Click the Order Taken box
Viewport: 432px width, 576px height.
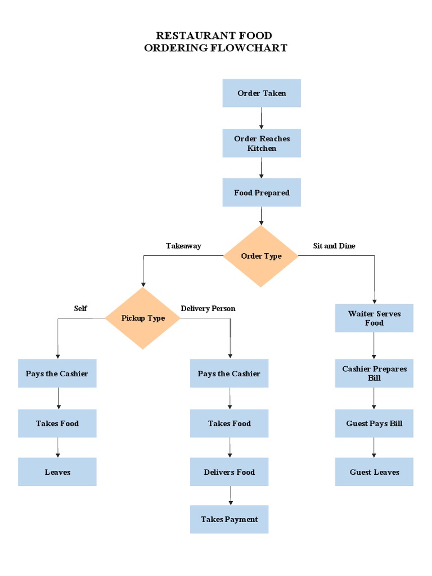coord(261,93)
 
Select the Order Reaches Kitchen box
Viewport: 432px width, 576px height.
coord(261,143)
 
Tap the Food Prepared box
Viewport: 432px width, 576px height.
coord(261,192)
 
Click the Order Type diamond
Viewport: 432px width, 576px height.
coord(261,256)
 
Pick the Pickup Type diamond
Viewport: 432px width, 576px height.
coord(143,318)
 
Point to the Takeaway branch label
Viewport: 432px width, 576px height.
coord(183,246)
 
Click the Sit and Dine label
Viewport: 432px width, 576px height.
coord(334,246)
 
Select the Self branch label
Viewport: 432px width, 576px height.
coord(80,308)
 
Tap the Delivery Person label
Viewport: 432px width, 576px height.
coord(208,308)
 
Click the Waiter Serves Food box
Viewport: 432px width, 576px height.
coord(374,318)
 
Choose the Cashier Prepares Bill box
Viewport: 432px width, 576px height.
coord(374,373)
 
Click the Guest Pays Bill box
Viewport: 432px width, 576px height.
coord(374,424)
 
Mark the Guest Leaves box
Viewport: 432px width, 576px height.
coord(374,472)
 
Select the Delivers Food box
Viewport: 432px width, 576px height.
coord(229,472)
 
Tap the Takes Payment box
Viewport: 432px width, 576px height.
coord(229,519)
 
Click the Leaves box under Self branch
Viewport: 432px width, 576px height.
coord(57,472)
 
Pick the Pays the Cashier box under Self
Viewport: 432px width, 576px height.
coord(57,373)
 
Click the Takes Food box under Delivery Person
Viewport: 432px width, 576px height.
coord(229,424)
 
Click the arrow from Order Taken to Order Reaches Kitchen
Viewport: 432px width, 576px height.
coord(261,118)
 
